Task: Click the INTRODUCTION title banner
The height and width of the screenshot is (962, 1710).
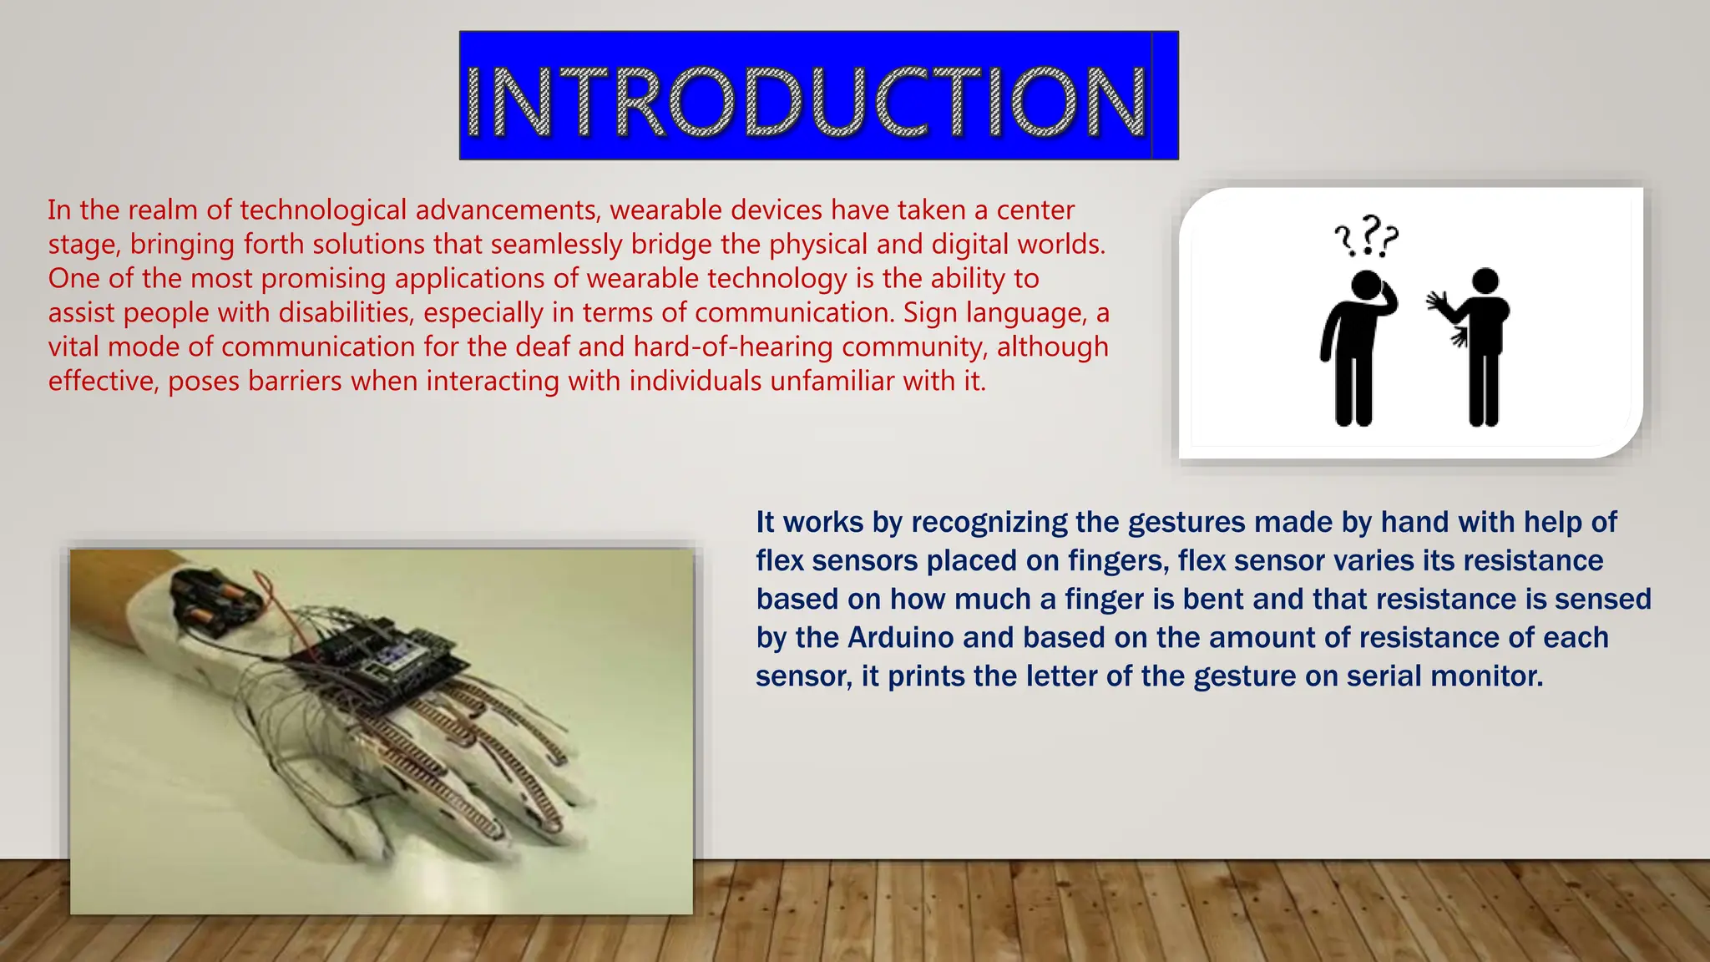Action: pyautogui.click(x=818, y=96)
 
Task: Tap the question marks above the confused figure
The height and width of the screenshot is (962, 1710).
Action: pyautogui.click(x=1366, y=236)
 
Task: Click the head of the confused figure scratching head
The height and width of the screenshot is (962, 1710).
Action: pyautogui.click(x=1366, y=286)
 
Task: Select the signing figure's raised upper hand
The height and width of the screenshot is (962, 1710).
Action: pyautogui.click(x=1438, y=301)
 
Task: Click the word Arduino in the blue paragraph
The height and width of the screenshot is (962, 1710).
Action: pyautogui.click(x=900, y=638)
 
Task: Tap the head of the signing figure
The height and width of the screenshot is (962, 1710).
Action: pyautogui.click(x=1485, y=281)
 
